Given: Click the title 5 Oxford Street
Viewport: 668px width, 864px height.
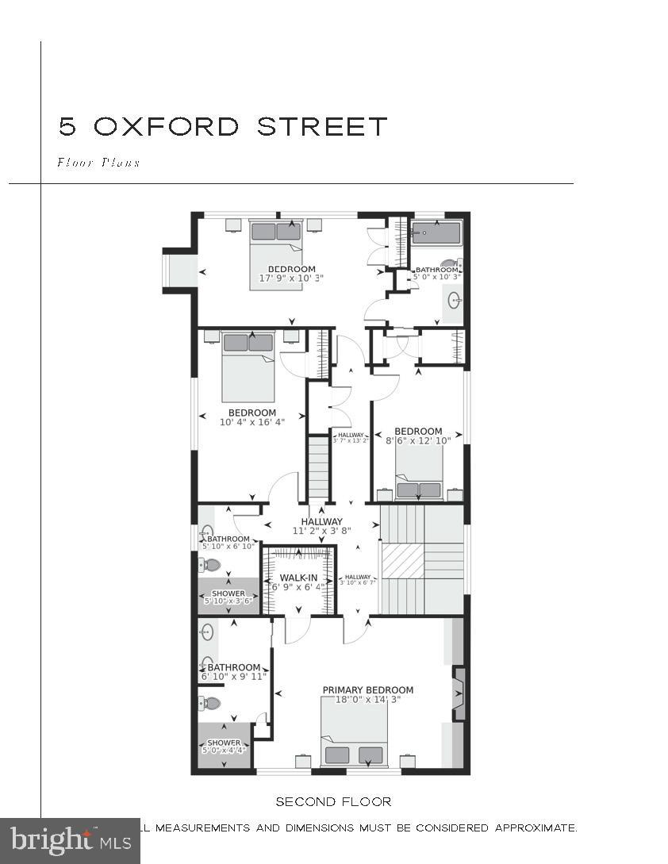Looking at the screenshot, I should (x=223, y=126).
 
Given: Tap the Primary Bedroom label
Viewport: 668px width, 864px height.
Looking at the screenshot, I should (x=367, y=690).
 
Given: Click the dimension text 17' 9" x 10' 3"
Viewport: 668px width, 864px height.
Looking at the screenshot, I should (x=291, y=278).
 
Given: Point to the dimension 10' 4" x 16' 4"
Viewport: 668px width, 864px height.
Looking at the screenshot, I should (x=252, y=422).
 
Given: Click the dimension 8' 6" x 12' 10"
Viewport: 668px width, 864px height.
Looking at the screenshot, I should (x=418, y=440).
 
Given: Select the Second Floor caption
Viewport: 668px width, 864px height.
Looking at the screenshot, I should (x=333, y=801).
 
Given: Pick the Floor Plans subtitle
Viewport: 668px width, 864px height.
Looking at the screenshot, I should (x=98, y=163).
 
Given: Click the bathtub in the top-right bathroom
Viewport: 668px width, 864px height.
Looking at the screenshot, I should (x=436, y=234).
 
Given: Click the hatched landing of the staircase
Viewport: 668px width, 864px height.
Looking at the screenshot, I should (x=403, y=560).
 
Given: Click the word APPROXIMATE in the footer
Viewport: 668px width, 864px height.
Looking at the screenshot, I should (x=536, y=828).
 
